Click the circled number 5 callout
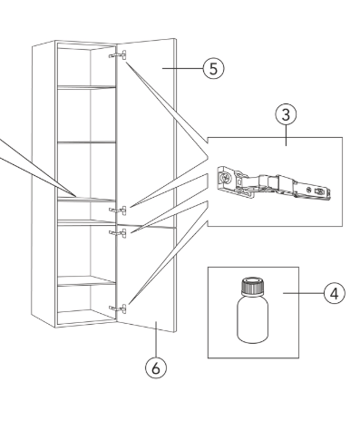[x=213, y=68]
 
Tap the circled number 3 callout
[x=286, y=114]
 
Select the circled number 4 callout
[x=335, y=293]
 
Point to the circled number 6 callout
[x=156, y=367]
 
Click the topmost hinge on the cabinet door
[x=118, y=55]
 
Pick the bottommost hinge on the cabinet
[x=118, y=308]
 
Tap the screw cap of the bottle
[x=252, y=286]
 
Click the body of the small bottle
[x=252, y=319]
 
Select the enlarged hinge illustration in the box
[x=274, y=182]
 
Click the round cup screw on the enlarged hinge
[x=225, y=178]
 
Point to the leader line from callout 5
[x=182, y=68]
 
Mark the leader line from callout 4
[x=303, y=293]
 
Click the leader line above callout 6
[x=156, y=339]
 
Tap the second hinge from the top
[x=118, y=210]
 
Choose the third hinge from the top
[x=118, y=233]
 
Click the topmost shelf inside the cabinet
[x=86, y=87]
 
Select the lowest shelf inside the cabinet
[x=86, y=281]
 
